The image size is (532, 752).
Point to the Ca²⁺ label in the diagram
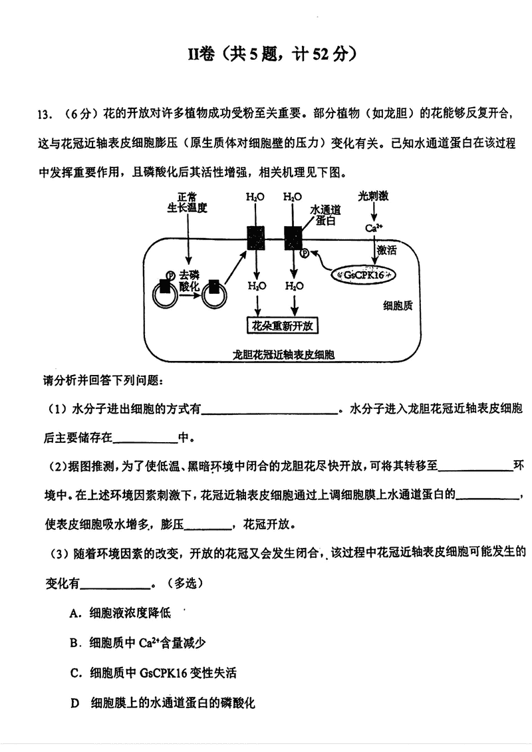point(374,228)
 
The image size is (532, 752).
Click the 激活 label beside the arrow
point(386,250)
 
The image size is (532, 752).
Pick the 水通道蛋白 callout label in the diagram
point(325,215)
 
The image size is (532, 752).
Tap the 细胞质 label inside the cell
point(398,306)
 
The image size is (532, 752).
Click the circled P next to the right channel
point(305,253)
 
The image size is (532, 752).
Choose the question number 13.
point(45,114)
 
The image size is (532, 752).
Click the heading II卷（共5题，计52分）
point(266,55)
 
